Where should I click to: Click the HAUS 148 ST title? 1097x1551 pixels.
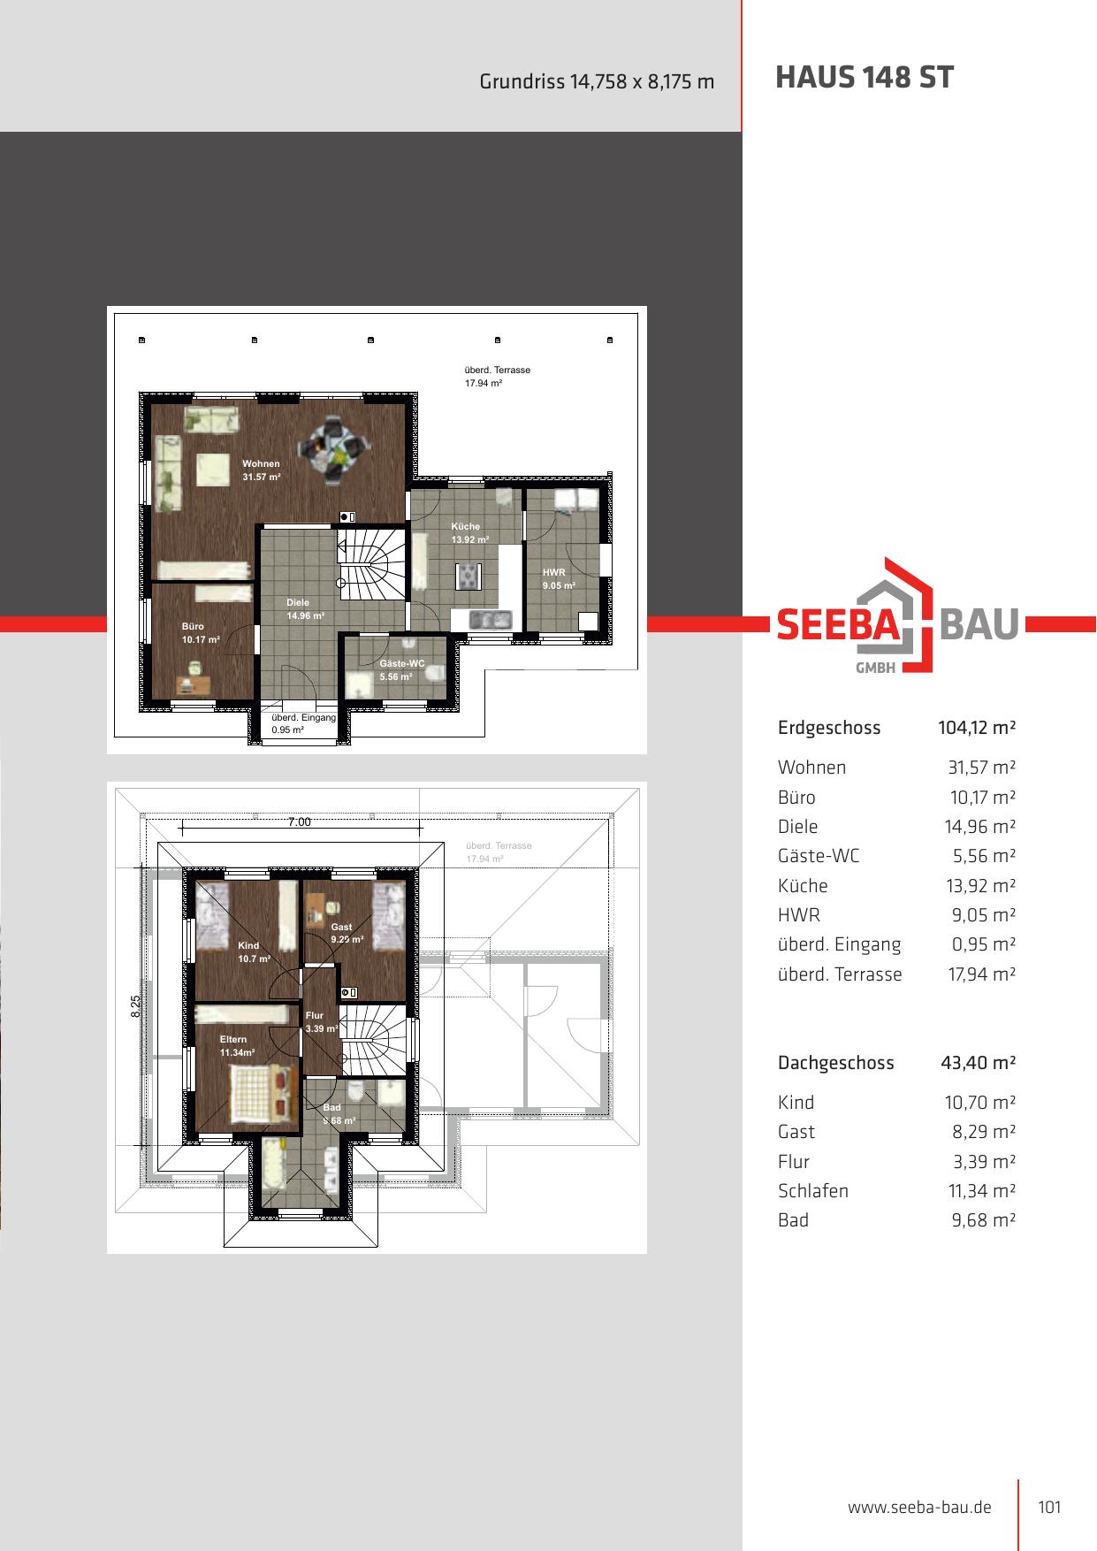pos(864,78)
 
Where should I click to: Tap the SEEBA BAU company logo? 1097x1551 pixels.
pos(897,615)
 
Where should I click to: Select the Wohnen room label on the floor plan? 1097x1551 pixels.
pos(261,463)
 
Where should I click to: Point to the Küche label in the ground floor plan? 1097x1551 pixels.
pos(466,526)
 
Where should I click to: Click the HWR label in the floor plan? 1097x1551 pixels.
pos(553,572)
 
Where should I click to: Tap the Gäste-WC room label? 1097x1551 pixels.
pos(402,663)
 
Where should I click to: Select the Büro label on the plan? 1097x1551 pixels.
pos(193,626)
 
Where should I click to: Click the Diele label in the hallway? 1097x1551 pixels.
pos(298,602)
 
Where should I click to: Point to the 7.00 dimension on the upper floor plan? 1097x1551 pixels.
pos(300,821)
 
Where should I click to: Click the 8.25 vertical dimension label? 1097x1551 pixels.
pos(136,1006)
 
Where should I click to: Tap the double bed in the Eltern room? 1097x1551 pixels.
pos(261,1094)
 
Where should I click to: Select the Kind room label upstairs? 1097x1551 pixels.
pos(248,945)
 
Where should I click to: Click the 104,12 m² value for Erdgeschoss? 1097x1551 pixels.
pos(977,728)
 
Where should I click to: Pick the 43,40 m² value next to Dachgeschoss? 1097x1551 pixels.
pos(979,1063)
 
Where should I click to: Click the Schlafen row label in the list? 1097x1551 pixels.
pos(813,1191)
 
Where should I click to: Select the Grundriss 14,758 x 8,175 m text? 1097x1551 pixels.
pos(597,81)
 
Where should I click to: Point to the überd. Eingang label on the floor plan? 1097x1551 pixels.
pos(303,717)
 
